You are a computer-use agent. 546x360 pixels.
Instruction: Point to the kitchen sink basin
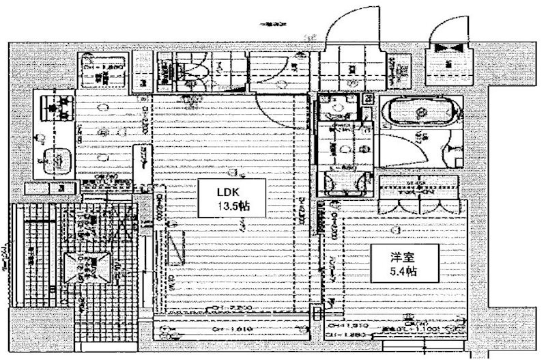[57, 161]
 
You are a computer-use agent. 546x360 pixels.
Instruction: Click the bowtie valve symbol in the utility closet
[448, 49]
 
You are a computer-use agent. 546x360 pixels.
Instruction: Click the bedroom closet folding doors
[416, 205]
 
